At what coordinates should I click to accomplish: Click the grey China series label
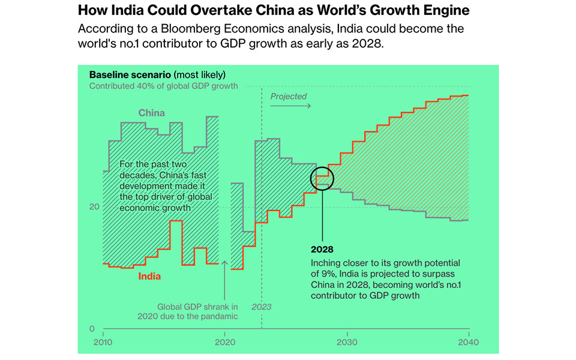[x=151, y=113]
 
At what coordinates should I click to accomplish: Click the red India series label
[x=149, y=277]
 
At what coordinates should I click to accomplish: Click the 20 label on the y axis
[x=93, y=206]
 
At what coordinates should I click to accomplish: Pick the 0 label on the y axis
[x=91, y=329]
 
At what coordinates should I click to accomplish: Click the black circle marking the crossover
[x=322, y=178]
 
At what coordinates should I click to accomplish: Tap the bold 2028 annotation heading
[x=322, y=249]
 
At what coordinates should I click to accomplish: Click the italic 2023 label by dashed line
[x=261, y=307]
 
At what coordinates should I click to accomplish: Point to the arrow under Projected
[x=290, y=106]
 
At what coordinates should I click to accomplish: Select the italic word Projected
[x=288, y=96]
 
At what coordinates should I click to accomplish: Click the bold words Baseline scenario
[x=130, y=75]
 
